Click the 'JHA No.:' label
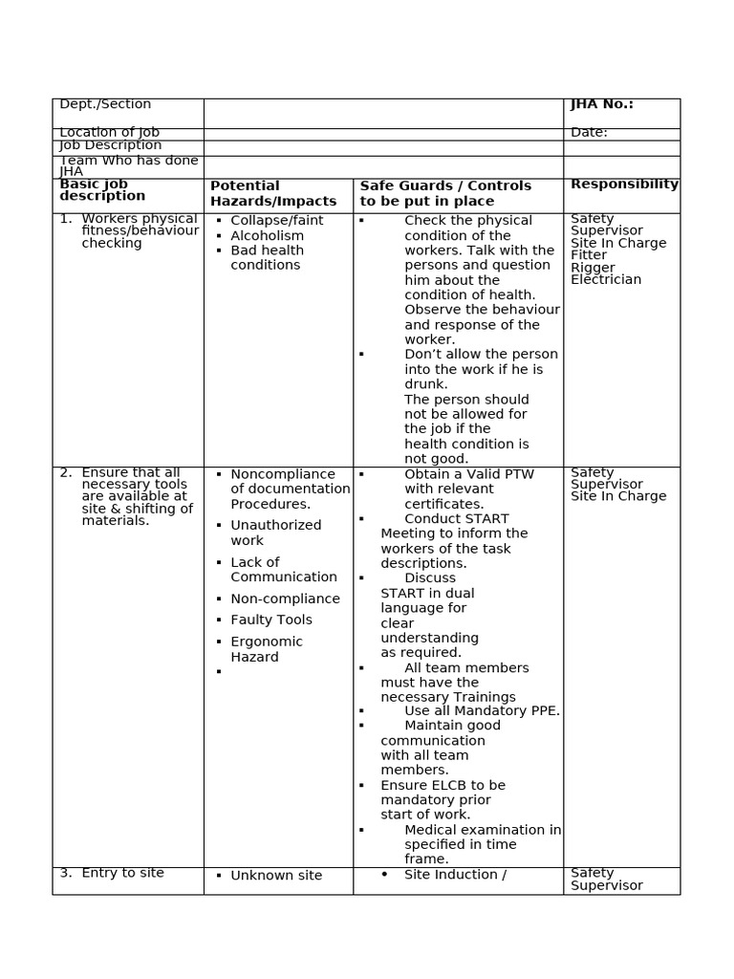coord(602,104)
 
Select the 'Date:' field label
coord(589,133)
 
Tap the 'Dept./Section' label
coord(105,104)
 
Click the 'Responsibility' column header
coord(624,185)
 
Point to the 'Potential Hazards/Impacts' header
coord(273,193)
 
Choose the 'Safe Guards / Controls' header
coord(445,185)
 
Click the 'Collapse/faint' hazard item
coord(277,221)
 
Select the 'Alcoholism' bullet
coord(268,236)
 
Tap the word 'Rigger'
coord(593,268)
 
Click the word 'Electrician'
coord(606,280)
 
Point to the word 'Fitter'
coord(589,255)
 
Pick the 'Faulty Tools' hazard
coord(271,620)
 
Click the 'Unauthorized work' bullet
coord(275,533)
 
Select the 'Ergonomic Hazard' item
coord(267,649)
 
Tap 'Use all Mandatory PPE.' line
coord(482,711)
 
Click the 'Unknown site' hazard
coord(276,876)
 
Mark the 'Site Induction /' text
coord(455,875)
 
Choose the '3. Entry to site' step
coord(112,873)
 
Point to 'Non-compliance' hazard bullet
coord(285,599)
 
